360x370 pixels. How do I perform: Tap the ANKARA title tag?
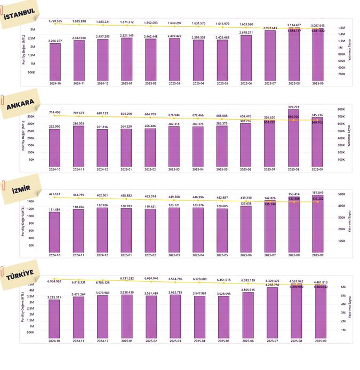click(21, 103)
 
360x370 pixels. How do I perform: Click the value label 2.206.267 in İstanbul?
click(55, 41)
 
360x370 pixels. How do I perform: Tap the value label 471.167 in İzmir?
click(55, 194)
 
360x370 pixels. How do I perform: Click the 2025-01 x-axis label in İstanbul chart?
click(126, 83)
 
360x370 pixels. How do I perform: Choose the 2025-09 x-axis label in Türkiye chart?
click(318, 340)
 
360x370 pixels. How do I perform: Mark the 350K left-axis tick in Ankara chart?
click(30, 116)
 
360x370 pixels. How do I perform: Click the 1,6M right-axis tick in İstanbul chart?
click(341, 28)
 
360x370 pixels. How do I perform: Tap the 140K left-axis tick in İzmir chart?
click(31, 201)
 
